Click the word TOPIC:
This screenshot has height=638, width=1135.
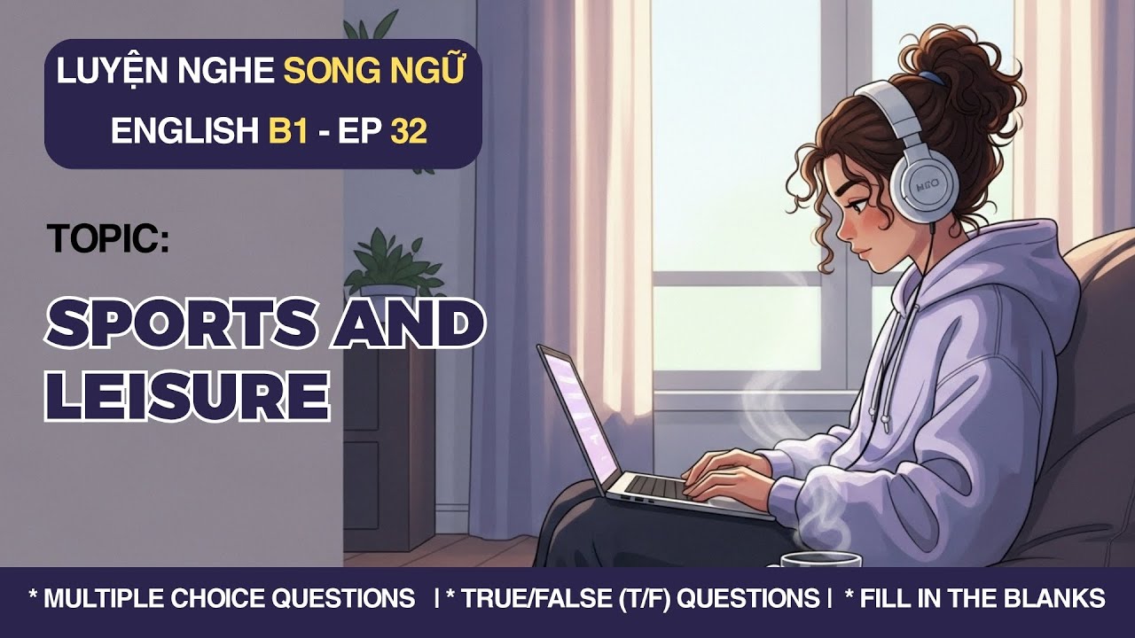pos(108,239)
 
